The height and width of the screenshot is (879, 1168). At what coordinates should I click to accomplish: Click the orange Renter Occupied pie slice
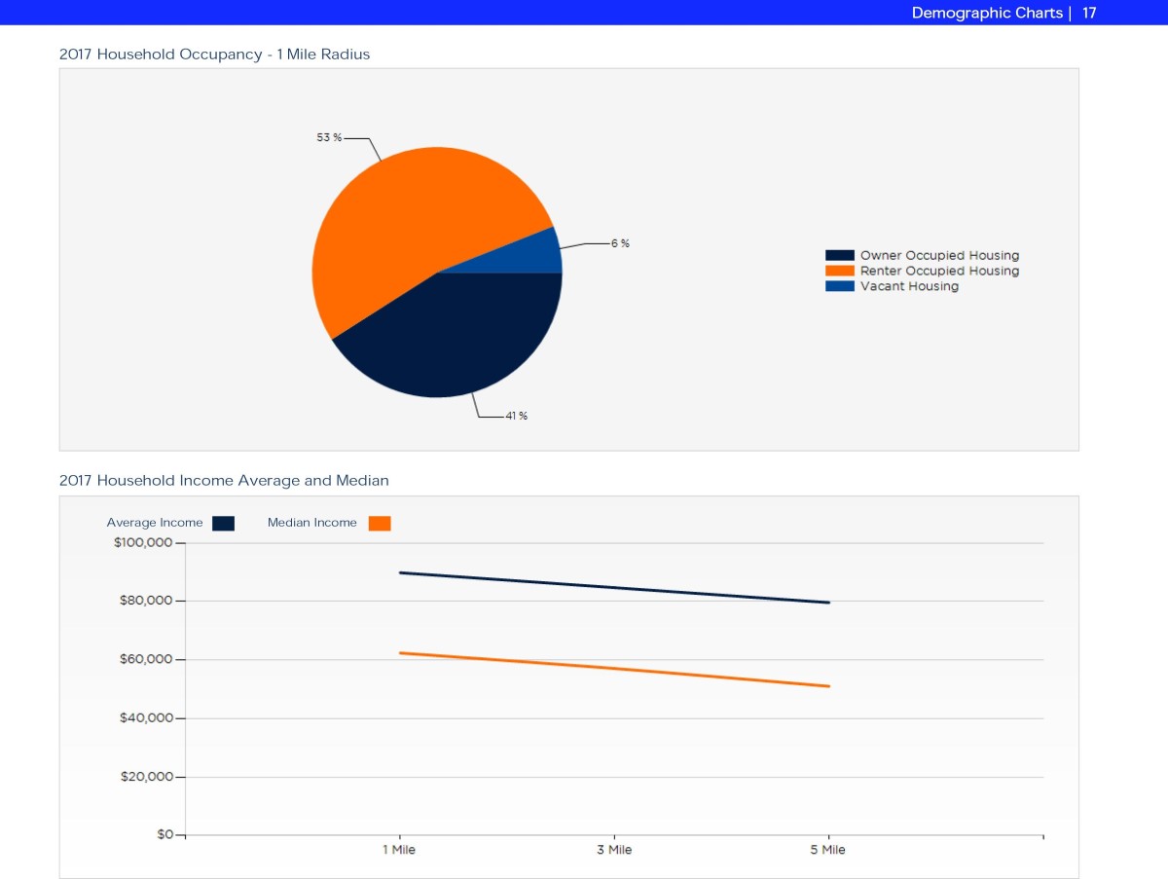coord(409,224)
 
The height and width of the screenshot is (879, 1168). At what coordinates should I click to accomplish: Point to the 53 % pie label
coord(329,138)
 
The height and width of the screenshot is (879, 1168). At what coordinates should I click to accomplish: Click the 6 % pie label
coord(620,243)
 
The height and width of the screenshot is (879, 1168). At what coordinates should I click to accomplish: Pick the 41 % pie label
coord(517,416)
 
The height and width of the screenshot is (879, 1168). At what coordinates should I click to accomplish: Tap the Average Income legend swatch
coord(223,523)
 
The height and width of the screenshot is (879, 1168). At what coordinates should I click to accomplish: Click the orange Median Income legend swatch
coord(380,523)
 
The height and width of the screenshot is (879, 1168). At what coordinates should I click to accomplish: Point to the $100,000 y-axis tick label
coord(143,542)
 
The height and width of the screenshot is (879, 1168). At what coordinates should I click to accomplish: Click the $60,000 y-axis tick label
coord(146,659)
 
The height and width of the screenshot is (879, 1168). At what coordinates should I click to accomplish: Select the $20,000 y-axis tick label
coord(146,777)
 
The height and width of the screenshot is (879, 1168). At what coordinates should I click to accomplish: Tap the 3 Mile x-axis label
coord(613,850)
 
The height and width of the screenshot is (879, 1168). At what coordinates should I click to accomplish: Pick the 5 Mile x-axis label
coord(827,850)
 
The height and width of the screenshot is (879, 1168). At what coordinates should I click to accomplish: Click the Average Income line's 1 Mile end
coord(399,572)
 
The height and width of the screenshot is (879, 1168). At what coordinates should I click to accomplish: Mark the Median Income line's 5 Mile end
coord(828,686)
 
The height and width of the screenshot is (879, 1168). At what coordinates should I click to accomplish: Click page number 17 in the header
coord(1089,13)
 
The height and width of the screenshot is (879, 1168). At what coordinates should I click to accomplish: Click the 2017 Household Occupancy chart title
coord(214,55)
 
